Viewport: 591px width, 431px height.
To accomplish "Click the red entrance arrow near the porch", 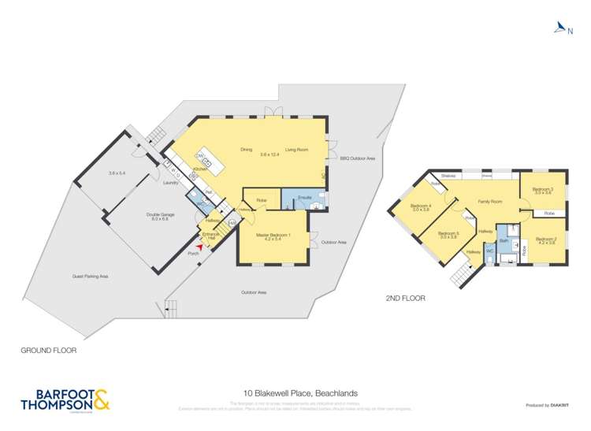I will click(200, 247).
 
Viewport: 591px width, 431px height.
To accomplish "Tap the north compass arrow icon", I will click(559, 29).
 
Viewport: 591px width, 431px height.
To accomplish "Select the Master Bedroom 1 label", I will click(273, 235).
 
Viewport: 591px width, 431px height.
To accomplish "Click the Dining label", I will click(246, 149).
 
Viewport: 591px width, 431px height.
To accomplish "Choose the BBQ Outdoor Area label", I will click(357, 158).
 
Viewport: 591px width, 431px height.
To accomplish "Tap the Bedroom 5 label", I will click(448, 233).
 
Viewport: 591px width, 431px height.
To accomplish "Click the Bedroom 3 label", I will click(542, 190).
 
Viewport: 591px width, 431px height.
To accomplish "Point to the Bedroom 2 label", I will click(546, 240).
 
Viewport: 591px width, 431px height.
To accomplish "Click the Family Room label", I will click(489, 202).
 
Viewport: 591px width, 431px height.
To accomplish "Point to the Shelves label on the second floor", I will click(449, 176).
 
